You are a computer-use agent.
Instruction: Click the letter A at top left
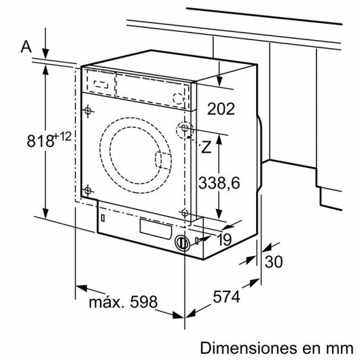[26, 46]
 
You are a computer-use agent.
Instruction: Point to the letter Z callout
[206, 145]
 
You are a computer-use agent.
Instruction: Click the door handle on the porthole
[164, 161]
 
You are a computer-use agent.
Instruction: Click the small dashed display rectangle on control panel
[101, 84]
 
